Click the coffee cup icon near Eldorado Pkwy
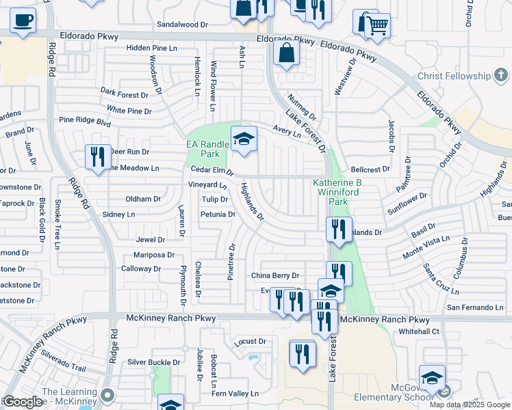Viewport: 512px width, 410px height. click(23, 20)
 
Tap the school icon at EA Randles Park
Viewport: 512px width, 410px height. click(243, 139)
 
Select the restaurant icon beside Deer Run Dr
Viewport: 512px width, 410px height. click(97, 156)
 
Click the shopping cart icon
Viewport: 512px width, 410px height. click(376, 25)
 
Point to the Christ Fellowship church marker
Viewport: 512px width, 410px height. click(500, 75)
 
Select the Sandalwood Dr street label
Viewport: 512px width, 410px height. click(183, 24)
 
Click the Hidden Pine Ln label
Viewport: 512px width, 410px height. click(151, 48)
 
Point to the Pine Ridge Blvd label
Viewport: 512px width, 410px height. click(85, 120)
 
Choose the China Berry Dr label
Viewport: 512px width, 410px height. click(275, 275)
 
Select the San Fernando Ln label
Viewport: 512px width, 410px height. click(475, 307)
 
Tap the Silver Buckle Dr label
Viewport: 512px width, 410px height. click(153, 362)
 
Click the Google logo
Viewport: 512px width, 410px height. click(23, 402)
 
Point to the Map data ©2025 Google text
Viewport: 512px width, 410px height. click(470, 405)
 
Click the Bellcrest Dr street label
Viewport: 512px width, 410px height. click(370, 168)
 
